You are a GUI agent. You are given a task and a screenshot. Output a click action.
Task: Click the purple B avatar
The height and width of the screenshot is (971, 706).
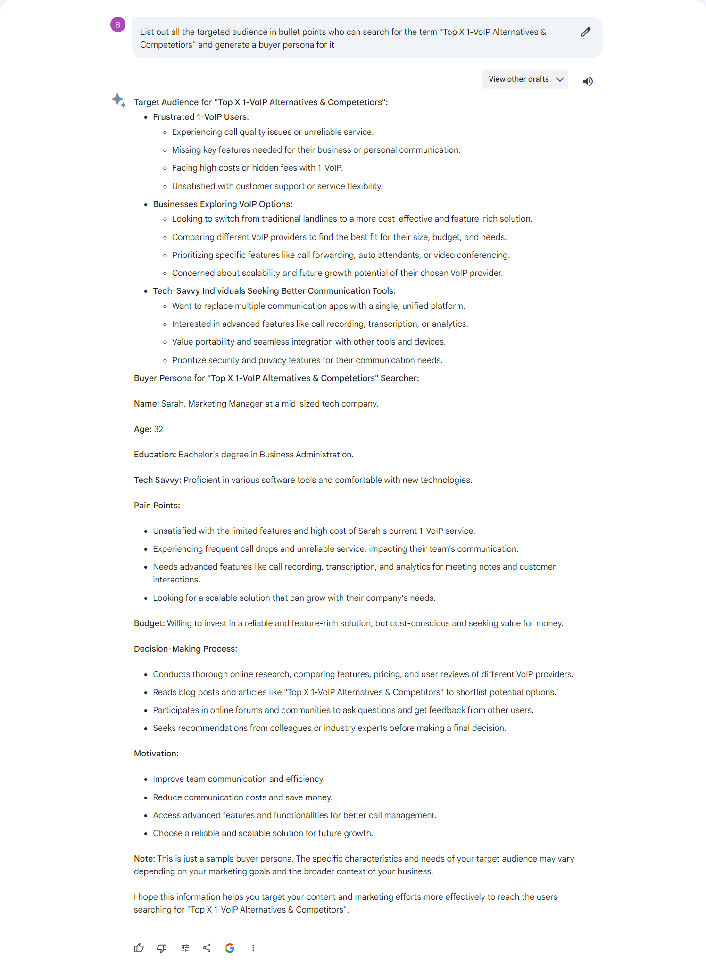coord(118,25)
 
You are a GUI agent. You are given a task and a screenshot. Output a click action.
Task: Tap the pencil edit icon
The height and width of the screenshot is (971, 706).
coord(585,32)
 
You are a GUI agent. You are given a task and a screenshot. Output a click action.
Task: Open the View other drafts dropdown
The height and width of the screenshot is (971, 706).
coord(525,79)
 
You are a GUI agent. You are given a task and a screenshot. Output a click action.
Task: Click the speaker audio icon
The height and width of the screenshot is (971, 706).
coord(588,81)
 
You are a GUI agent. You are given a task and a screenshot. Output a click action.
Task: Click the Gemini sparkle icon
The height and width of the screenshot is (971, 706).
coord(118,100)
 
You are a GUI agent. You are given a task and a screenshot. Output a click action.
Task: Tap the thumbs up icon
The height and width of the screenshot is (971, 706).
coord(139,947)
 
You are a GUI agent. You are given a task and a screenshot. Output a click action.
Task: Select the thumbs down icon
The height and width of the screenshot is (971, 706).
coord(162,947)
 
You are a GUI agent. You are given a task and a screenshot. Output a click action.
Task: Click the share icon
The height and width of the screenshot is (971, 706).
coord(207,947)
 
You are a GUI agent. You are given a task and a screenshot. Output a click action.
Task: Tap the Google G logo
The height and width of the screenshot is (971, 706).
coord(230,947)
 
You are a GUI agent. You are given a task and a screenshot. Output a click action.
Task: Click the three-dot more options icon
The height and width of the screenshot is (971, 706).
coord(253,947)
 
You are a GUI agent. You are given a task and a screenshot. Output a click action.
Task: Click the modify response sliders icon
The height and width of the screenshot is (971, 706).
coord(185,947)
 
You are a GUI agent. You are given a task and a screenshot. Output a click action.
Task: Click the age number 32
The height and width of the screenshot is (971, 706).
coord(158,429)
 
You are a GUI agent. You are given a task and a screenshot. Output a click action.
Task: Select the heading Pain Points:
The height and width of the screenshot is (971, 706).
coord(157,506)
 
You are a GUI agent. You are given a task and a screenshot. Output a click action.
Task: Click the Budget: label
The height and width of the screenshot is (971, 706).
coord(149,623)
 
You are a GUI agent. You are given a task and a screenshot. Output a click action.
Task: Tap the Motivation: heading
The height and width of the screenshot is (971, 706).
coord(156,754)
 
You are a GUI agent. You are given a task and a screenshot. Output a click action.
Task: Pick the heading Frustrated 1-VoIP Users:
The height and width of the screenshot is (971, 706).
coord(201,117)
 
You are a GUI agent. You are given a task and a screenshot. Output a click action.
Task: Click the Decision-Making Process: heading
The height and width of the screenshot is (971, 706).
coord(185,649)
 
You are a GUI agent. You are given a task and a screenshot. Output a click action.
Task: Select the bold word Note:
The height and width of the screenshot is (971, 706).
coord(144,859)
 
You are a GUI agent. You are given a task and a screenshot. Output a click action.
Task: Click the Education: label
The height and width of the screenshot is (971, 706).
coord(155,455)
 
